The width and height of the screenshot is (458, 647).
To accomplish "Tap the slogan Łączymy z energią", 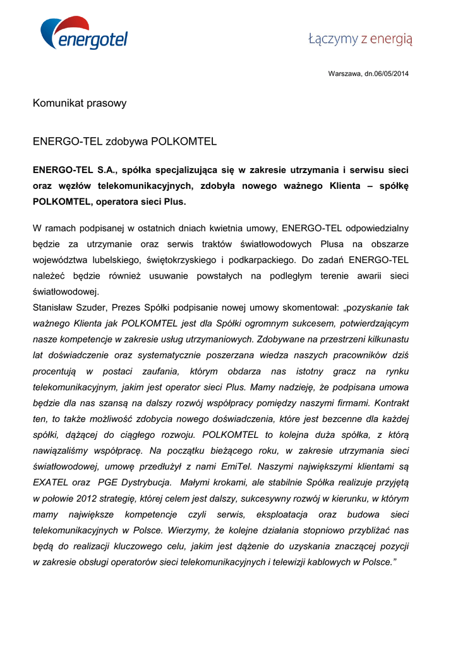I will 360,39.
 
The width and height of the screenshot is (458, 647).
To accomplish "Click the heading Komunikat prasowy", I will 80,103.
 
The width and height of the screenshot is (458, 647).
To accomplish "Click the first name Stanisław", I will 54,308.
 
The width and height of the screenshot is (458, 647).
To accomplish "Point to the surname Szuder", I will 95,308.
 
